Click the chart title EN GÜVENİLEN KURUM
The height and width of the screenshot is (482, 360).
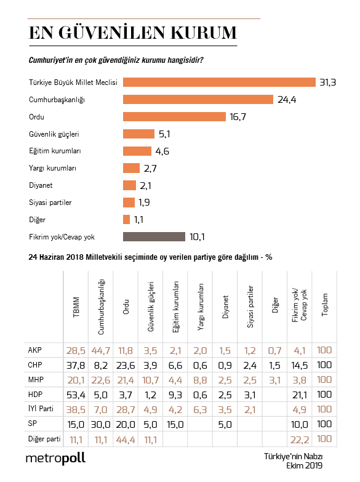[x=133, y=33]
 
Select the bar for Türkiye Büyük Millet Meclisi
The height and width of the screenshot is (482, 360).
[x=220, y=82]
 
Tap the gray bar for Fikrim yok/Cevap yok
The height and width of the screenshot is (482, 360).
[x=154, y=236]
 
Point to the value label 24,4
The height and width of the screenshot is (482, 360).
[x=286, y=100]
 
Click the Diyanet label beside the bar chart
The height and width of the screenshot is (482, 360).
[x=42, y=185]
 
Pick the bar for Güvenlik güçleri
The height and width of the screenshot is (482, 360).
[x=138, y=134]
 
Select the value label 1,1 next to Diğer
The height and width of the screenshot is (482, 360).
[x=140, y=220]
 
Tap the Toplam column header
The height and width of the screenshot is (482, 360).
[x=325, y=304]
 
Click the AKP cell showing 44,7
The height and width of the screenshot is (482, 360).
[x=102, y=350]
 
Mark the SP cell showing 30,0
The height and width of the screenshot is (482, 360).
[x=102, y=424]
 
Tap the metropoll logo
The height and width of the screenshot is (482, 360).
[x=56, y=458]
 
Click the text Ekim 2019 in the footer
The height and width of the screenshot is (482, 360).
[x=304, y=465]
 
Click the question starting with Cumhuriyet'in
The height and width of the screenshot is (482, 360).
[x=117, y=60]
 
